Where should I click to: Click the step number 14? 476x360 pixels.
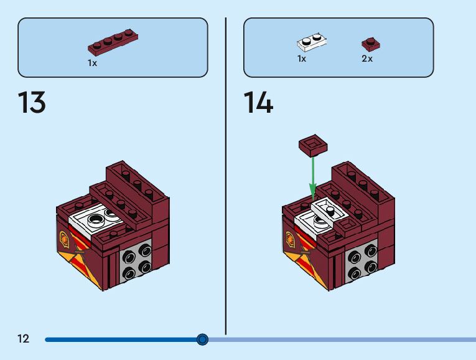258,103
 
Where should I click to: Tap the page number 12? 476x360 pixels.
23,339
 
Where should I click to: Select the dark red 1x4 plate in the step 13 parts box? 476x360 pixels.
113,43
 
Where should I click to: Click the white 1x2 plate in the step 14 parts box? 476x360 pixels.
312,42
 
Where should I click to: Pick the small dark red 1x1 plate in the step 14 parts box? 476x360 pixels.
371,44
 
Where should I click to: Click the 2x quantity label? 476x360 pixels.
367,59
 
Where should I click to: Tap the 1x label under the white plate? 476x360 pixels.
302,59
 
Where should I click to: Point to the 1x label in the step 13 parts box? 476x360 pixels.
93,63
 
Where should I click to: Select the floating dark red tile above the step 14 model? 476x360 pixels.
314,144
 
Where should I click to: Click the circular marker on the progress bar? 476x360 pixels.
202,339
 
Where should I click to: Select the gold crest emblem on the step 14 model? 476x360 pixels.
290,238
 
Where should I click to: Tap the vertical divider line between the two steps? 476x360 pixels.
225,174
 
